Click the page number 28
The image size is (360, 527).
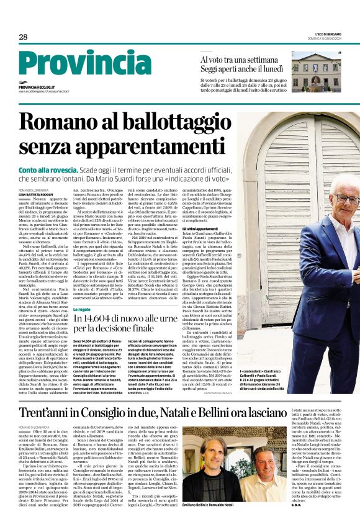[23, 38]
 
